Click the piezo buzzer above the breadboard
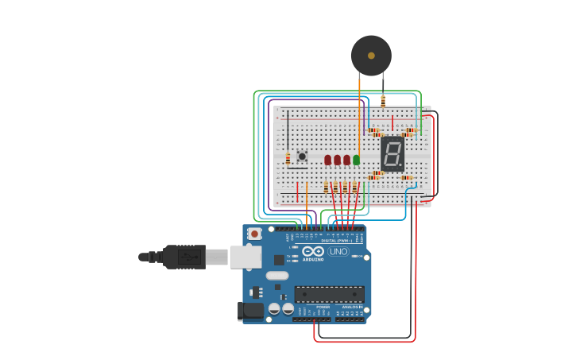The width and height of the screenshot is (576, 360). point(371,56)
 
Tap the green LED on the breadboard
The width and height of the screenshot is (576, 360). point(356,160)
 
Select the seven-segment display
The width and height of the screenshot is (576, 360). point(392,153)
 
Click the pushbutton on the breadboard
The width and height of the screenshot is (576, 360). point(302,156)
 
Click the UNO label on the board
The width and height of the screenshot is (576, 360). point(338,251)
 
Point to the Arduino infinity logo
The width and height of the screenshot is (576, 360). point(313,251)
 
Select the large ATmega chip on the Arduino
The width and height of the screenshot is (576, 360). point(329,294)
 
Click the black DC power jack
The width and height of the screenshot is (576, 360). point(251,311)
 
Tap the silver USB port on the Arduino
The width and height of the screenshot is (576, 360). point(246,257)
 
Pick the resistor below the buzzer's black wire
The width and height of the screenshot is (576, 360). point(383,101)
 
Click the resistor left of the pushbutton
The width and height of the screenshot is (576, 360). point(288,158)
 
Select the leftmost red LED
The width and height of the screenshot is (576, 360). point(327,160)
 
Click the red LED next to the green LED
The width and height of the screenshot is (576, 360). point(346,160)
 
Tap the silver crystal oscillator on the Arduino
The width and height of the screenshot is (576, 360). point(277,276)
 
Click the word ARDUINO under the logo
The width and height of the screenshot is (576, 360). point(313,259)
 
